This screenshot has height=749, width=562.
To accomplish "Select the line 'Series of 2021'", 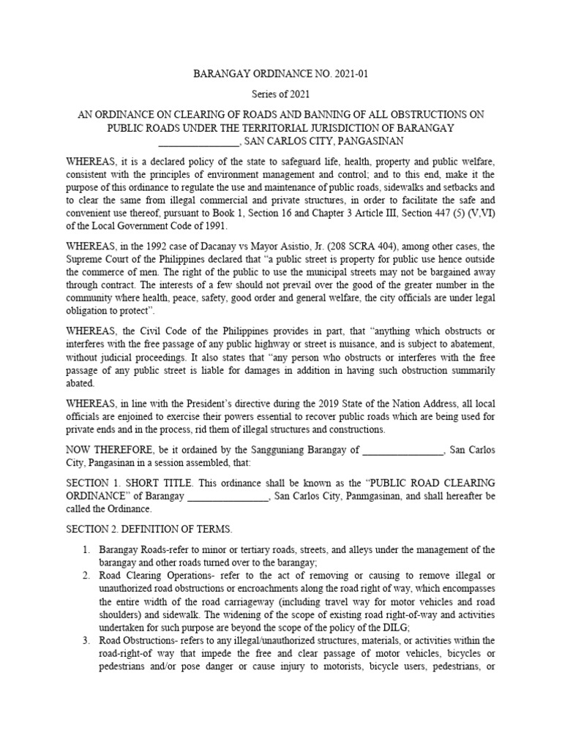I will coord(280,94).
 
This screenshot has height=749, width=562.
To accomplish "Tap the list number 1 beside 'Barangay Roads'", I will coord(86,549).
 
